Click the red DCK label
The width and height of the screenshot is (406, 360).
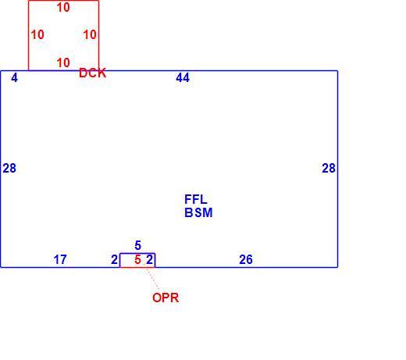point(92,73)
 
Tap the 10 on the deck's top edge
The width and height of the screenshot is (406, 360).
point(63,7)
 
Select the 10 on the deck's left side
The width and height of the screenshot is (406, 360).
point(37,34)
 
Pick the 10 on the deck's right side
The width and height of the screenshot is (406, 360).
point(90,34)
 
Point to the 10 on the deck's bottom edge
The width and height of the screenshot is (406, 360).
point(63,62)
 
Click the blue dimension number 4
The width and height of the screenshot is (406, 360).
point(15,77)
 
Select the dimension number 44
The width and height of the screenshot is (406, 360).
point(183,77)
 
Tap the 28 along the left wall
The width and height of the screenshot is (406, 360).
point(9,168)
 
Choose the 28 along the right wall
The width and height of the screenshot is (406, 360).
point(329,168)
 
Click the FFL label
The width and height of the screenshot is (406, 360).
point(196,200)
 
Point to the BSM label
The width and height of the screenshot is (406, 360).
point(198,212)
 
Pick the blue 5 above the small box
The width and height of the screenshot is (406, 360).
point(138,245)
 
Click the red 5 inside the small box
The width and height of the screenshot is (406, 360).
point(137,259)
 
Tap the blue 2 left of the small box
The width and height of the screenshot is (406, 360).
point(114,259)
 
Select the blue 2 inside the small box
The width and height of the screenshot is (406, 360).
point(149,259)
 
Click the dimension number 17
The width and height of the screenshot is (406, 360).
point(60,259)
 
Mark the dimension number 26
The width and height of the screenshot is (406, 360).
point(246,259)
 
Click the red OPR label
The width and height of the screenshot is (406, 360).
point(166,298)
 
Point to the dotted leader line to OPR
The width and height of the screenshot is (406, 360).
point(153,279)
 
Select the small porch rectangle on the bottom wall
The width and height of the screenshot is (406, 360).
point(137,254)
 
